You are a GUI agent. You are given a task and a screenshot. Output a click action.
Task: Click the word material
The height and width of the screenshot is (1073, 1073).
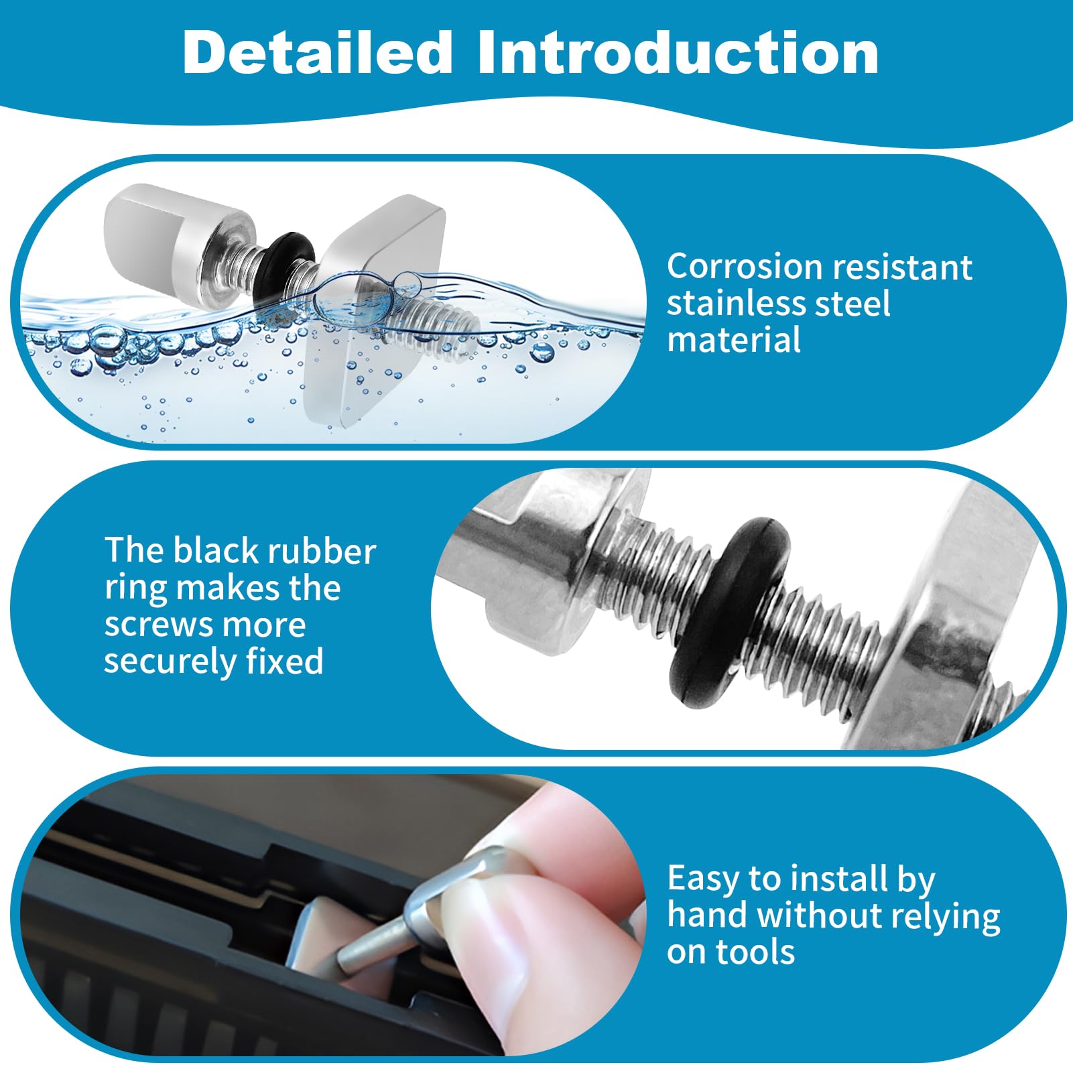[734, 339]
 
